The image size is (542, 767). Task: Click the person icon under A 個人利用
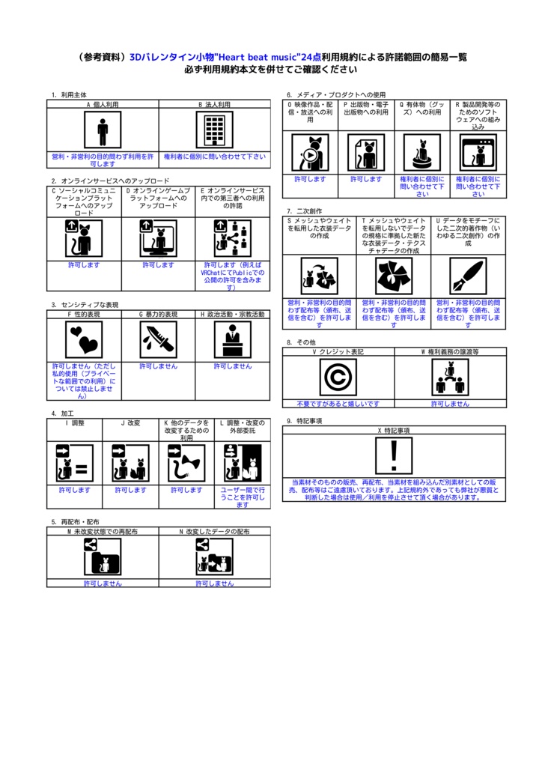tap(103, 131)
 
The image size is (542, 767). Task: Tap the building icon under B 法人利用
tap(215, 131)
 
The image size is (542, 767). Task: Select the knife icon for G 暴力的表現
tap(158, 340)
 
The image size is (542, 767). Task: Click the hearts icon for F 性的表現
tap(84, 340)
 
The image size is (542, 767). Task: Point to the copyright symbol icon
tap(338, 377)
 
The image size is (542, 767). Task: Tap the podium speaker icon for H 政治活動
tap(233, 340)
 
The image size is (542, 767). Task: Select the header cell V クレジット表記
tap(338, 351)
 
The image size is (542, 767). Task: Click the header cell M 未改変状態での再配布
tap(103, 531)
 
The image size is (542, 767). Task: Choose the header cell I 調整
tap(75, 423)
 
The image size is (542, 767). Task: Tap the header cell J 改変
tap(130, 423)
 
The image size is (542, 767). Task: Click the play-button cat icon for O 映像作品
tap(310, 153)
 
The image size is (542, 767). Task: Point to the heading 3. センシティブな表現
tap(85, 305)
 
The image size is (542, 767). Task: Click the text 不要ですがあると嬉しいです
tap(338, 404)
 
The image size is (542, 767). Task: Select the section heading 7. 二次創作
tap(304, 211)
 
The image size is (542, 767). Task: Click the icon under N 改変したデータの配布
tap(214, 557)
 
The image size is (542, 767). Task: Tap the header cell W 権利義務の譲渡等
tap(450, 351)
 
